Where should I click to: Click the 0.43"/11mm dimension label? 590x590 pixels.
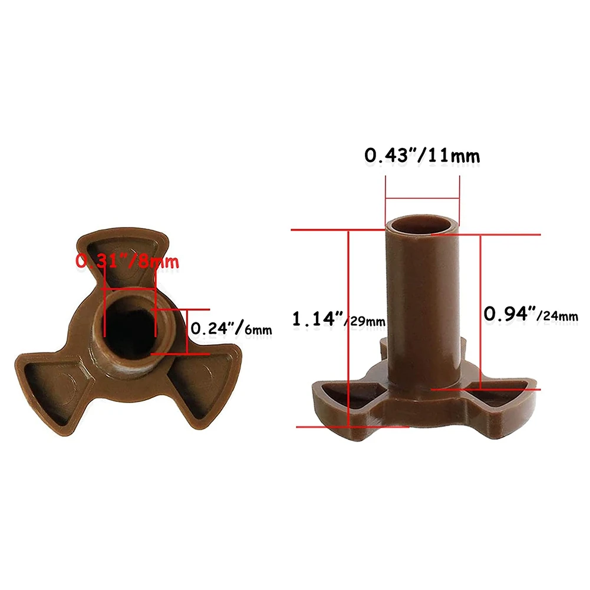point(421,156)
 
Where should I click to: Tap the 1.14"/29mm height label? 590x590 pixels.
point(338,320)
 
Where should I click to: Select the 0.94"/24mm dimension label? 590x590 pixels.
point(530,315)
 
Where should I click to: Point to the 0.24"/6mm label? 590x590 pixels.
point(230,328)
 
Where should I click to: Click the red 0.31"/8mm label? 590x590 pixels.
point(127,261)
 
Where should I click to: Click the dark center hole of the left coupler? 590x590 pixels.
point(129,324)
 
